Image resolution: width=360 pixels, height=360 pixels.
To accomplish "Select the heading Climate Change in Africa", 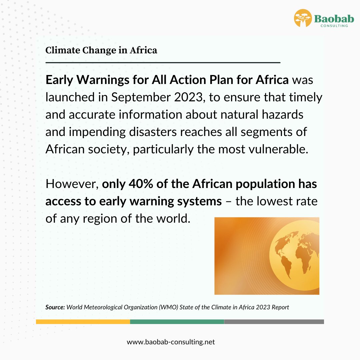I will [x=101, y=50].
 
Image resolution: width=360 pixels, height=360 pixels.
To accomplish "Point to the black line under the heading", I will [x=163, y=62].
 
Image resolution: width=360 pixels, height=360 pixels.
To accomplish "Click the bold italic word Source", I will [x=55, y=307].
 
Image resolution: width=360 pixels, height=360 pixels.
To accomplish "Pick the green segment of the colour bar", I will [x=177, y=322].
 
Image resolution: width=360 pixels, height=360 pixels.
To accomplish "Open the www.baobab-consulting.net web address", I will [x=171, y=342].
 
